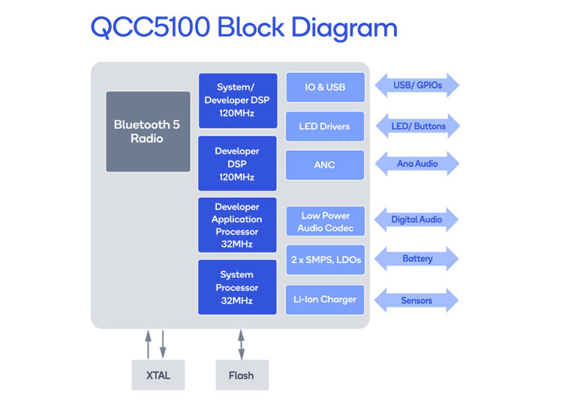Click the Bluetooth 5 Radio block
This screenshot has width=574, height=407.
148,132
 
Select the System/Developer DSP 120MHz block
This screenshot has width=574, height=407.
238,100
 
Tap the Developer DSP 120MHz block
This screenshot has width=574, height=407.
237,163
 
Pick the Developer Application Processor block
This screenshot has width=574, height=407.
237,225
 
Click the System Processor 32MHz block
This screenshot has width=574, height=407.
237,287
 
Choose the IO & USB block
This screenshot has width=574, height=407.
326,87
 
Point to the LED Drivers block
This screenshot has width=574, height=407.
325,126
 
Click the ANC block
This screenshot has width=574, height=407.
325,165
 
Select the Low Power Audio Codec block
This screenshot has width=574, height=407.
326,221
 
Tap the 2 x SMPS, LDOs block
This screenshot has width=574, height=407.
326,259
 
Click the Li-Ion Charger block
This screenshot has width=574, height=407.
325,300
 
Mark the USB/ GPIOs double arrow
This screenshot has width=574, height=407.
417,85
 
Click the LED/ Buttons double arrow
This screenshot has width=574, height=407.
418,126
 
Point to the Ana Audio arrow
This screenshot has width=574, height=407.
417,163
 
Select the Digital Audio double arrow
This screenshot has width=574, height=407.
416,220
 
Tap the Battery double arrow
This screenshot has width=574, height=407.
416,259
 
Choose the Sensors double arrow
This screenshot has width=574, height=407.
416,301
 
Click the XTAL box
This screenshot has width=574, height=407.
158,375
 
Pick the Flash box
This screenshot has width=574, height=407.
242,375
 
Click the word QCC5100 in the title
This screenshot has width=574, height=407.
151,27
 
